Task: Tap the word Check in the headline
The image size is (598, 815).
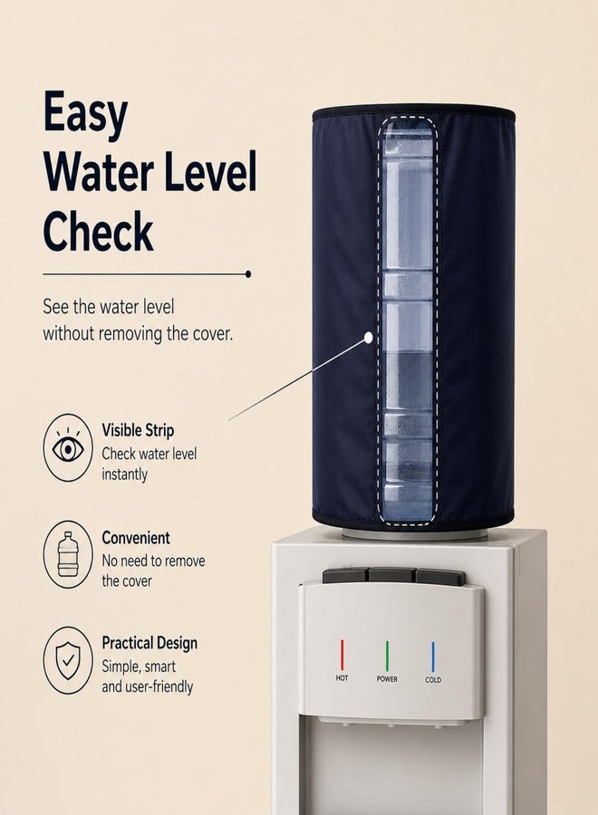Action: pyautogui.click(x=98, y=231)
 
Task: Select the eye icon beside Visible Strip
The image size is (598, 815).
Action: pyautogui.click(x=68, y=447)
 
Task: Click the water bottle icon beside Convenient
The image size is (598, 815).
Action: pyautogui.click(x=68, y=554)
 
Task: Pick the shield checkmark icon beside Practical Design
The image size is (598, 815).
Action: pyautogui.click(x=68, y=660)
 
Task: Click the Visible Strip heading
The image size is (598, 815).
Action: pyautogui.click(x=138, y=430)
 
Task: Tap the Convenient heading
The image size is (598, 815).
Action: pyautogui.click(x=136, y=537)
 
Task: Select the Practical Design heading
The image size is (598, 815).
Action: pyautogui.click(x=149, y=644)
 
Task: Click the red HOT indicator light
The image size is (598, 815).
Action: pyautogui.click(x=342, y=655)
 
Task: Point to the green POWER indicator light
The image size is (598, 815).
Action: pyautogui.click(x=387, y=656)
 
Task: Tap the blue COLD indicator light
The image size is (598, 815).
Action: pyautogui.click(x=432, y=657)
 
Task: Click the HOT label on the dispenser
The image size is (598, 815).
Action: pyautogui.click(x=342, y=678)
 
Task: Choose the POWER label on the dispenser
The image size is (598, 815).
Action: pyautogui.click(x=387, y=679)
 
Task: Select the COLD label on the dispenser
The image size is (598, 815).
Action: pyautogui.click(x=433, y=680)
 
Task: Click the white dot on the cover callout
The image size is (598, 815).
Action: pyautogui.click(x=369, y=338)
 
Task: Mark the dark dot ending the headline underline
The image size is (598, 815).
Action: pyautogui.click(x=248, y=273)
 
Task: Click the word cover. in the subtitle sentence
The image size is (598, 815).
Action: pyautogui.click(x=213, y=333)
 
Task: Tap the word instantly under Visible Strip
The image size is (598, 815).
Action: pyautogui.click(x=125, y=475)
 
